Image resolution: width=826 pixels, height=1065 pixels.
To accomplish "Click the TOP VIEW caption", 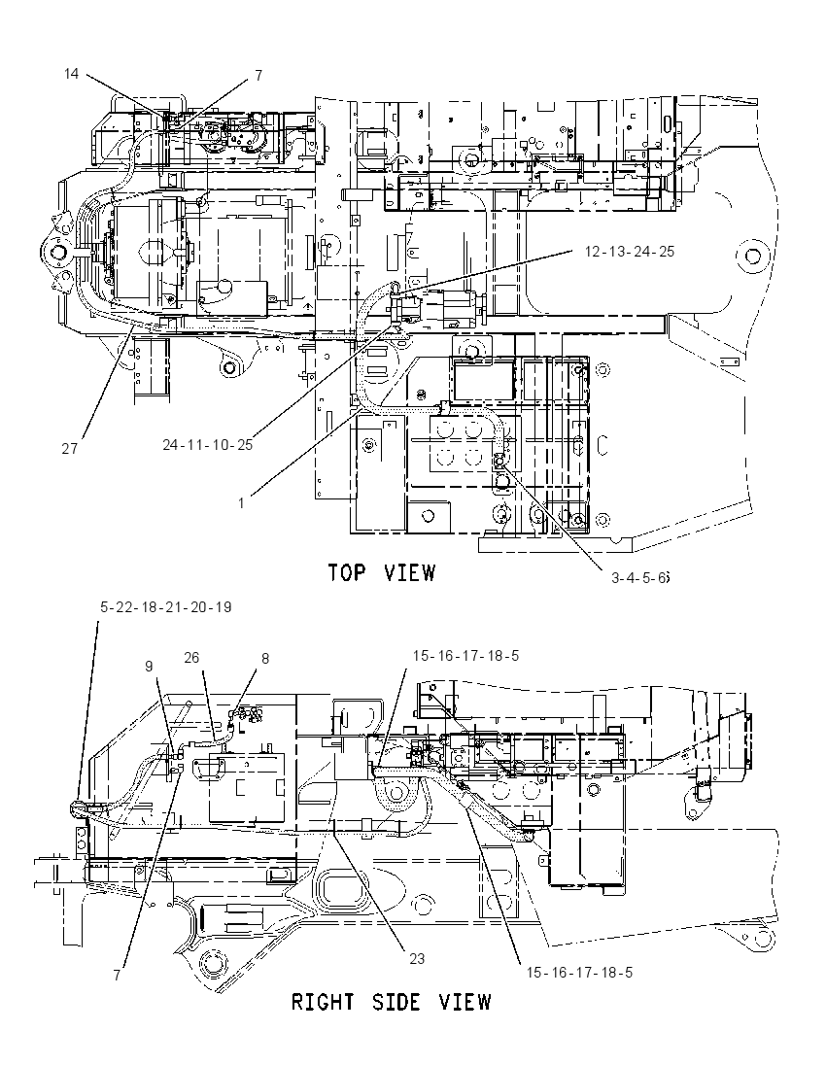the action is [x=381, y=572].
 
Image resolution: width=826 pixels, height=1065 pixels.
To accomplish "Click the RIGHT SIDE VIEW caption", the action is [x=391, y=1002].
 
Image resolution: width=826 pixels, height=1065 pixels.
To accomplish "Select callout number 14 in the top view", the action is [x=71, y=73].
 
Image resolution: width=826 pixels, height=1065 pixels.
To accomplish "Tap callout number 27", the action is [x=69, y=449].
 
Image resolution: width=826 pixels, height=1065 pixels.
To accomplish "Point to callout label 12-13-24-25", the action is [x=630, y=252].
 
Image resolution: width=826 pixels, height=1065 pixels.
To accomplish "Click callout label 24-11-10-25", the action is [x=207, y=445].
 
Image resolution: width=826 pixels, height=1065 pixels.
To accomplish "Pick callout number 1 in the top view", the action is [x=241, y=503].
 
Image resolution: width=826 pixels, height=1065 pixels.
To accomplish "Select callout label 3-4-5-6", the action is [x=640, y=578].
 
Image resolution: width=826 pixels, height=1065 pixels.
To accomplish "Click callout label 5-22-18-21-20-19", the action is [x=166, y=606].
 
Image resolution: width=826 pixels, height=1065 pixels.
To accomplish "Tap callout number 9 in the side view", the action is [x=149, y=667].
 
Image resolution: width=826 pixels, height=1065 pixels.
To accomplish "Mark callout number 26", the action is [x=191, y=658].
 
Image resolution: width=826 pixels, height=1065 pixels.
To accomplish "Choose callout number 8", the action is [x=265, y=658].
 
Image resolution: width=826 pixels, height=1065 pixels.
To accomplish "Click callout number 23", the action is [x=416, y=958].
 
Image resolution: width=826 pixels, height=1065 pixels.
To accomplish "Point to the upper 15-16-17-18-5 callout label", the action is [x=466, y=656].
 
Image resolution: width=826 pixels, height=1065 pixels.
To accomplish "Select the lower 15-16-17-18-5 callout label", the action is [x=579, y=973].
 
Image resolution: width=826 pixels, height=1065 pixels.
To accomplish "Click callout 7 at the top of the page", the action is [x=258, y=76].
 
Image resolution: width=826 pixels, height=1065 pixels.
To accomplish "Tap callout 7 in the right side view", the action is [x=117, y=976].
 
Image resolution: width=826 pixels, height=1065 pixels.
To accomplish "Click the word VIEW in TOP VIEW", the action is [x=409, y=572].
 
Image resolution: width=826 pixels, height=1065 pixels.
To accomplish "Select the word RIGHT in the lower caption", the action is [x=323, y=1002].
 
